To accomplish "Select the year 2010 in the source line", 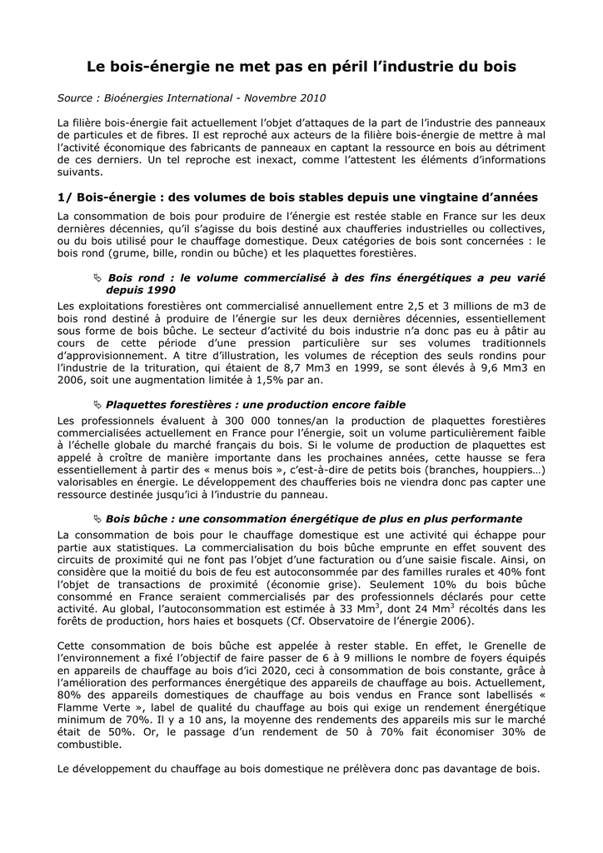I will point(310,98).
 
